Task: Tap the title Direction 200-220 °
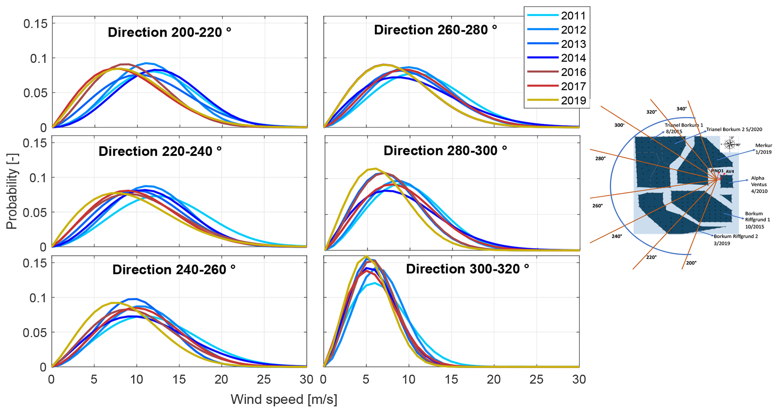[169, 32]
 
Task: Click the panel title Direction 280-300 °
[445, 151]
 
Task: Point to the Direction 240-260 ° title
[174, 270]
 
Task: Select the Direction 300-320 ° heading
[467, 269]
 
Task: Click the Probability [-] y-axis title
[12, 198]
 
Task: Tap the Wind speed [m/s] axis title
[284, 399]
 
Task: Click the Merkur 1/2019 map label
[763, 149]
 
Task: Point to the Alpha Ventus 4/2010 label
[758, 185]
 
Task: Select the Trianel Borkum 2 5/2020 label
[734, 130]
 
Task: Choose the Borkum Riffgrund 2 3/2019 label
[735, 240]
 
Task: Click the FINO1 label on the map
[717, 171]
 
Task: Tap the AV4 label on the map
[730, 172]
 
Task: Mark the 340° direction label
[681, 109]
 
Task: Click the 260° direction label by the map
[597, 206]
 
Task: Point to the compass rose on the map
[730, 144]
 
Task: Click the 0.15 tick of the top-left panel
[35, 24]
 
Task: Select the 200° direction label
[691, 263]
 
